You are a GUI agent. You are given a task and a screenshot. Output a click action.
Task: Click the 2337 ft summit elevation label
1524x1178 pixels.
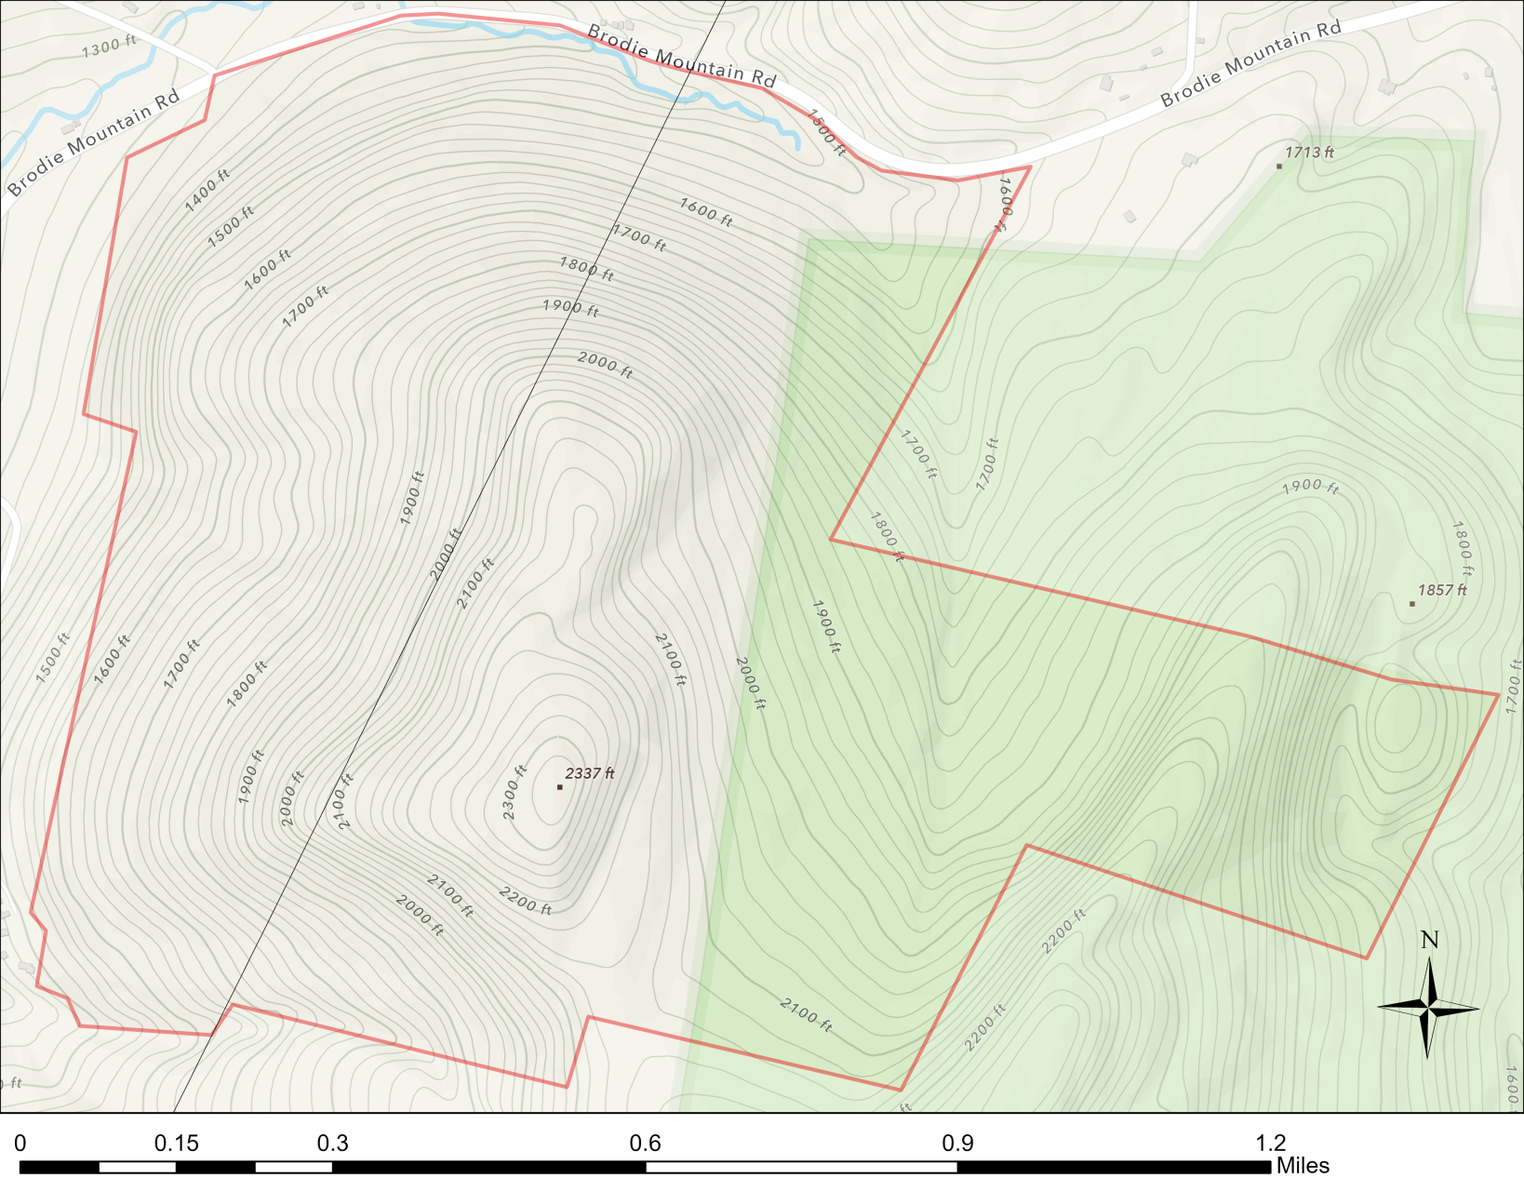(x=590, y=773)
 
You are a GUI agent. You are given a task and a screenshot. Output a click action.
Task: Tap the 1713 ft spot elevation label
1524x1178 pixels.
(x=1309, y=153)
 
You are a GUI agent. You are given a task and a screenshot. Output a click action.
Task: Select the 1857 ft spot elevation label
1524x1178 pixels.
(x=1442, y=590)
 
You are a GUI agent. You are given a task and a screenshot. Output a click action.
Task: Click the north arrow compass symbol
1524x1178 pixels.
(x=1428, y=1007)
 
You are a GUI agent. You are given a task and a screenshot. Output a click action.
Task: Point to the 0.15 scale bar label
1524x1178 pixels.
(x=177, y=1143)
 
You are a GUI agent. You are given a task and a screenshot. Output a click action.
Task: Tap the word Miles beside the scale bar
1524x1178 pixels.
(x=1303, y=1166)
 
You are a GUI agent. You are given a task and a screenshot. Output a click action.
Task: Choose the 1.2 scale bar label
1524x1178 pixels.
(x=1270, y=1143)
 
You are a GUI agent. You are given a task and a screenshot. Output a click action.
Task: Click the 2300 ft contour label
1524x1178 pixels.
(x=515, y=792)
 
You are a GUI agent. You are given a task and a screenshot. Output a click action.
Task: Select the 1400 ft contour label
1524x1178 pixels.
(x=207, y=191)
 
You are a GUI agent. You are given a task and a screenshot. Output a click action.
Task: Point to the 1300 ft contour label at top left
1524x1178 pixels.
(x=109, y=47)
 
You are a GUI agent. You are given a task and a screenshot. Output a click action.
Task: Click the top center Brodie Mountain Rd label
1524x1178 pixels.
(x=681, y=57)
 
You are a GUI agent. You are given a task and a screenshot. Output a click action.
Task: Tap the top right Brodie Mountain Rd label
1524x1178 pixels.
(x=1250, y=63)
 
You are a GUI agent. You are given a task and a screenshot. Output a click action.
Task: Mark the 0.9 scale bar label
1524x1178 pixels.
(x=957, y=1143)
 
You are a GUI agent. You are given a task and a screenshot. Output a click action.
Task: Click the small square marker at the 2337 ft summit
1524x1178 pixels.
(x=559, y=787)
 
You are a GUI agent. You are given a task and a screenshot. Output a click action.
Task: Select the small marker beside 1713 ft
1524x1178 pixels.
(x=1278, y=167)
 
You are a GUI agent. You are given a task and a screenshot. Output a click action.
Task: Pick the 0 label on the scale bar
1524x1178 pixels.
(x=20, y=1143)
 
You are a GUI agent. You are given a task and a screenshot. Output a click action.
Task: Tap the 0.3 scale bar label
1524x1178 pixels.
(x=332, y=1143)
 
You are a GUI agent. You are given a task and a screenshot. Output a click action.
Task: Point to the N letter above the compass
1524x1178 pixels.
(x=1429, y=940)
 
